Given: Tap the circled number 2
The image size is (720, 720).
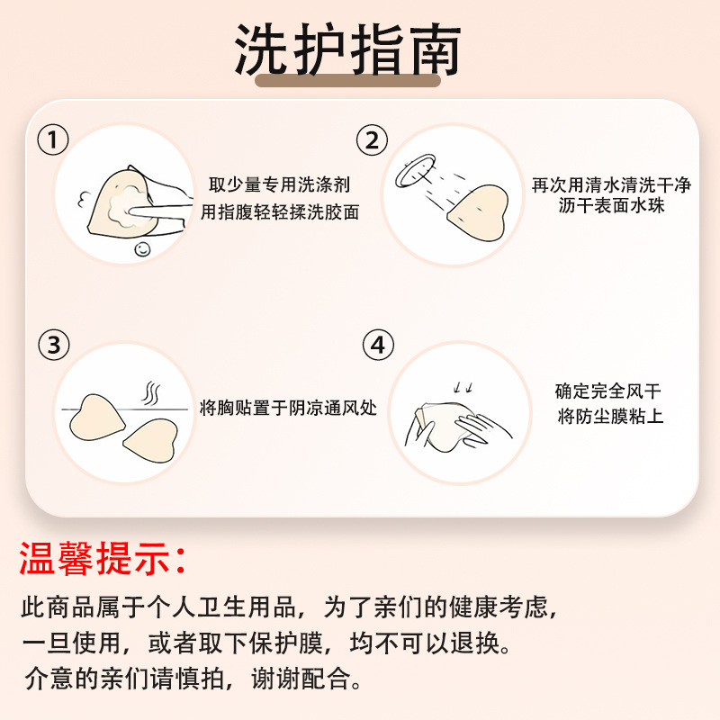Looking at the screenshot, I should coord(371,140).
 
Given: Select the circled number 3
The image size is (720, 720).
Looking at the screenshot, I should coord(53,345).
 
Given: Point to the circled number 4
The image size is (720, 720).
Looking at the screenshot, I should coord(378,345).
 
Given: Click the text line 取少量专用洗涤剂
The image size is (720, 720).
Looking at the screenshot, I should coord(280,184).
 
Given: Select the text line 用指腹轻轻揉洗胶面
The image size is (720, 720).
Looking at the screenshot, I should coord(280,212).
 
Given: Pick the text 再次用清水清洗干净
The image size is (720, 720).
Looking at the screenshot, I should coord(611,184).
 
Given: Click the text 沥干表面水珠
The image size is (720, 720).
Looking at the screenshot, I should coord(611,208).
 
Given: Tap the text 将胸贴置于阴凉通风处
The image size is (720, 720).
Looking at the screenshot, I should coord(288,408).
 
